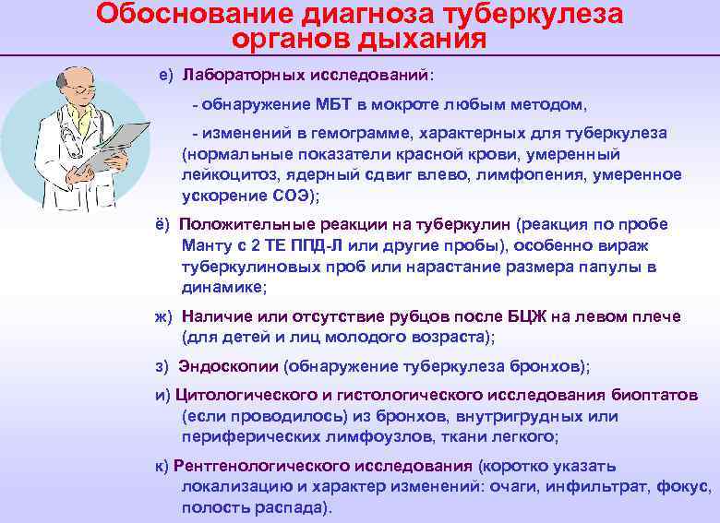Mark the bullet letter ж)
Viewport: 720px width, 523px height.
click(163, 316)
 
